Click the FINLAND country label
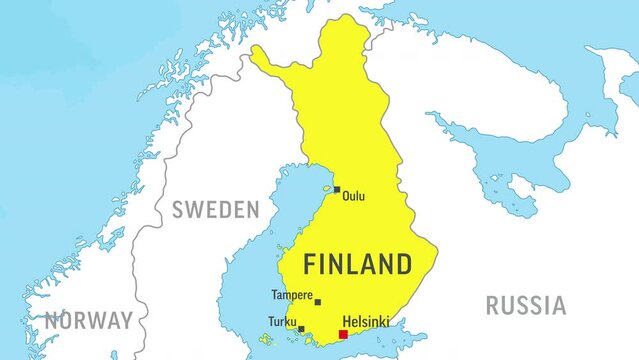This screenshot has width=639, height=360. [357, 264]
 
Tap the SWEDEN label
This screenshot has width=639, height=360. [215, 210]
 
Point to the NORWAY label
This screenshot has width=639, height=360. [89, 321]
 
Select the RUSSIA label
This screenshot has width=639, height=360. [525, 305]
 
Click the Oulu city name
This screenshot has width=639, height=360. [353, 196]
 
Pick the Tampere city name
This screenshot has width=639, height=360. [291, 295]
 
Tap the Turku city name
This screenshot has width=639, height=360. [282, 322]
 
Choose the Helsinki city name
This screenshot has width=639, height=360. [365, 322]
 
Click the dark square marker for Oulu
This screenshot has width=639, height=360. [337, 189]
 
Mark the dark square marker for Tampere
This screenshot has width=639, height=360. [318, 302]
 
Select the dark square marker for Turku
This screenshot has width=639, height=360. [301, 328]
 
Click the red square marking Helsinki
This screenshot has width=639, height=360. [343, 334]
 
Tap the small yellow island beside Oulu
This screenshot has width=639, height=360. [326, 187]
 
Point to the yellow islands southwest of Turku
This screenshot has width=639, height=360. [266, 339]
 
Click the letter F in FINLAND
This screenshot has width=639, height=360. [310, 264]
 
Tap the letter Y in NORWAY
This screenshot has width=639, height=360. [126, 321]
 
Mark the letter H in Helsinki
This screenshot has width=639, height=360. [346, 322]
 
